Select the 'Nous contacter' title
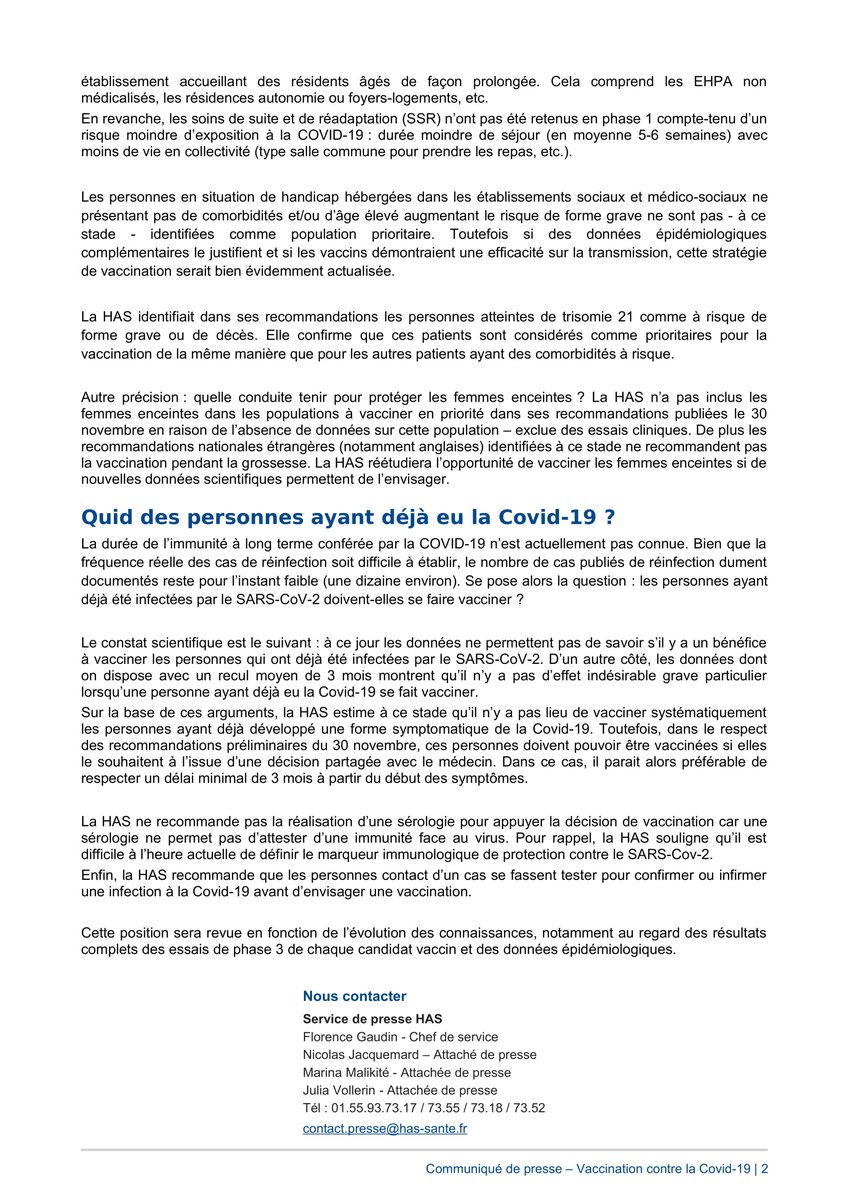pos(354,996)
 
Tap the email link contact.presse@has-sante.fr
pos(384,1128)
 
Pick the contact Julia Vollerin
pos(338,1090)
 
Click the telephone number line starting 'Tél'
pos(423,1108)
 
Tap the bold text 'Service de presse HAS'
pos(372,1019)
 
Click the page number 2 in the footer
pos(765,1168)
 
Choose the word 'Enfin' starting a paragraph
pos(99,875)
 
